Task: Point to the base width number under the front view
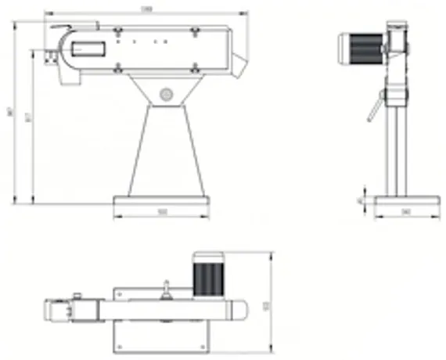pos(163,212)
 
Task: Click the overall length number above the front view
pos(146,9)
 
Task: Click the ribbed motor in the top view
pos(208,278)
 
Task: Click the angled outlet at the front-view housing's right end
pos(239,56)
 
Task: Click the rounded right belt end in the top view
pos(239,311)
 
